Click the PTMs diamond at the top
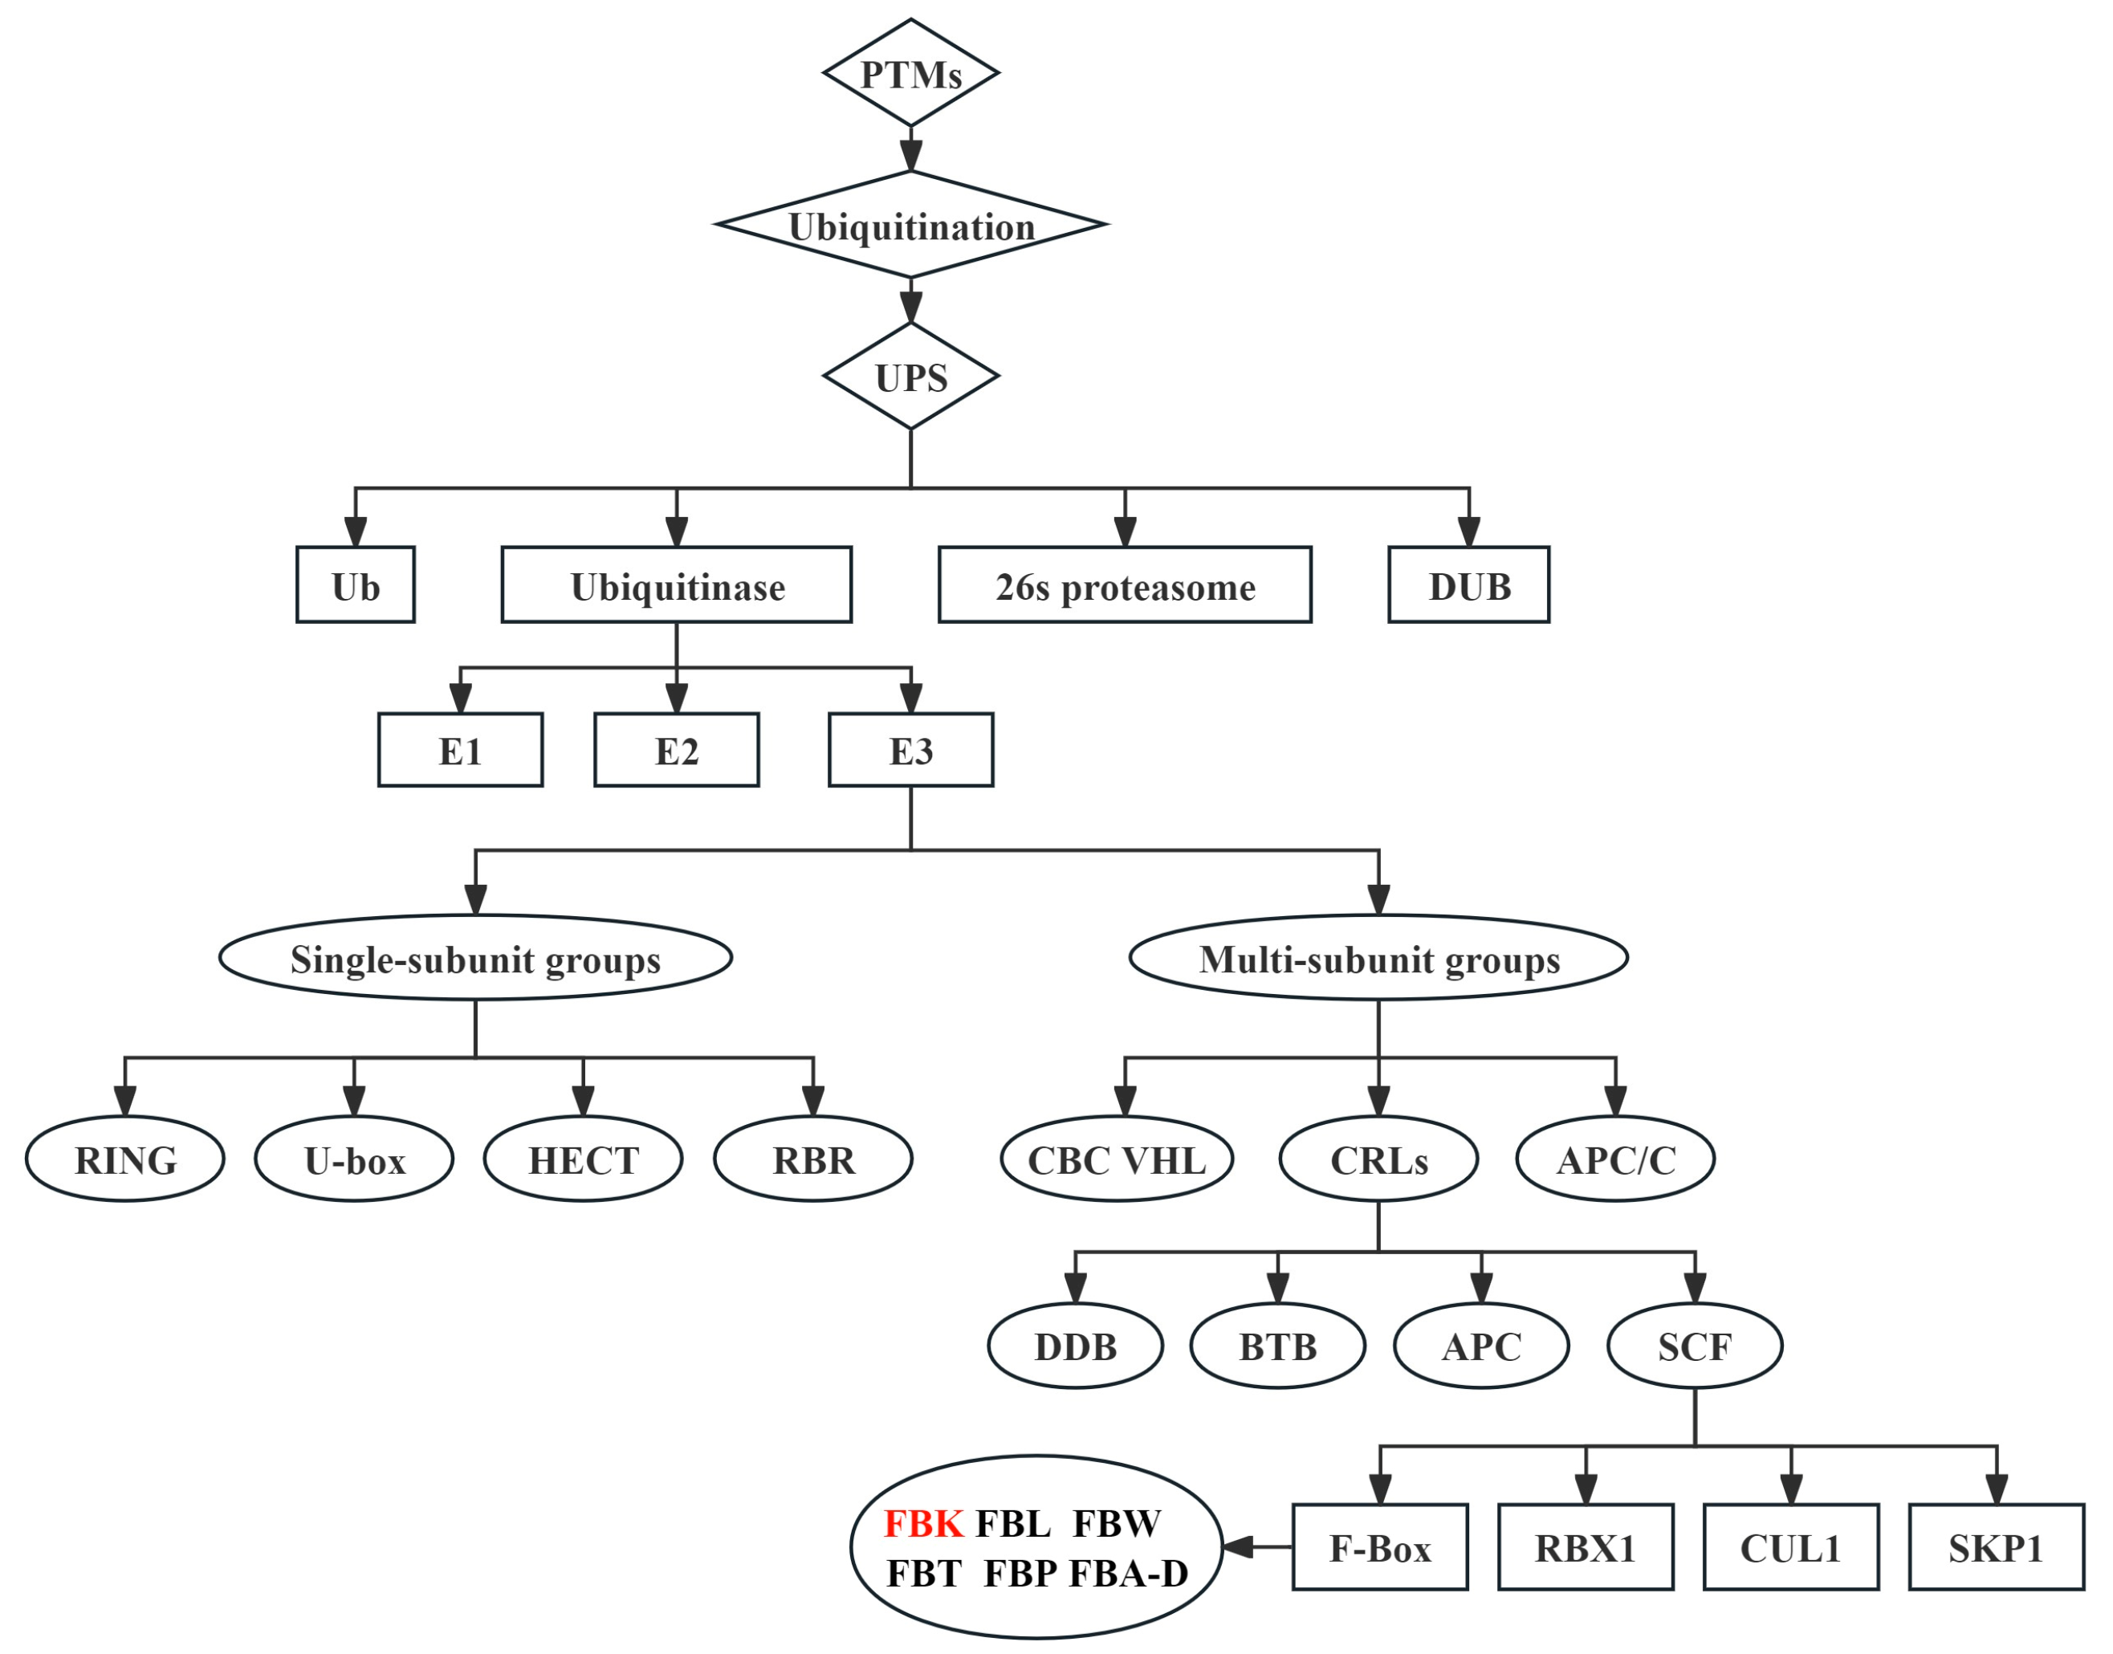coord(910,74)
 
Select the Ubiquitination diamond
coord(910,226)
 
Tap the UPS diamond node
coord(910,377)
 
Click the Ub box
coord(356,586)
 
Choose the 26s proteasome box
coord(1124,586)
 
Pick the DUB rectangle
coord(1468,586)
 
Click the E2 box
coord(676,751)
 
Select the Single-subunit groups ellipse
coord(475,959)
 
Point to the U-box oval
coord(354,1159)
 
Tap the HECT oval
coord(583,1159)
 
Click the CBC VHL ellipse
coord(1117,1159)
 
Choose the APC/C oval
coord(1615,1159)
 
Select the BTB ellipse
coord(1277,1346)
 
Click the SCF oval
coord(1695,1346)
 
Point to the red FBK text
coord(924,1523)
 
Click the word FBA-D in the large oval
coord(1128,1574)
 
